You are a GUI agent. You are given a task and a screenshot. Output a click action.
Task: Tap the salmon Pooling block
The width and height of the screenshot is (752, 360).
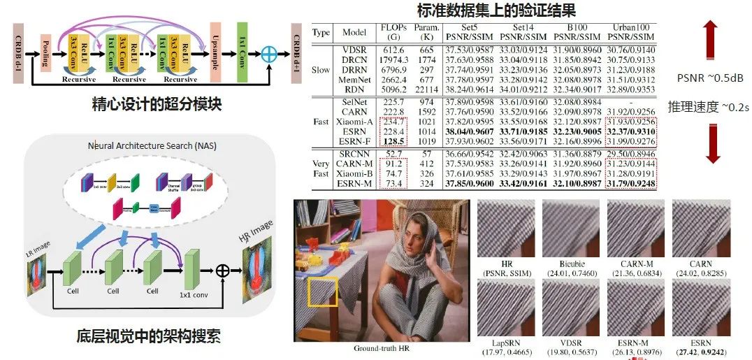point(47,52)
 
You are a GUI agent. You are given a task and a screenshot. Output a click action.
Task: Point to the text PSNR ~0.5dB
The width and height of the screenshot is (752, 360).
point(707,77)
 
